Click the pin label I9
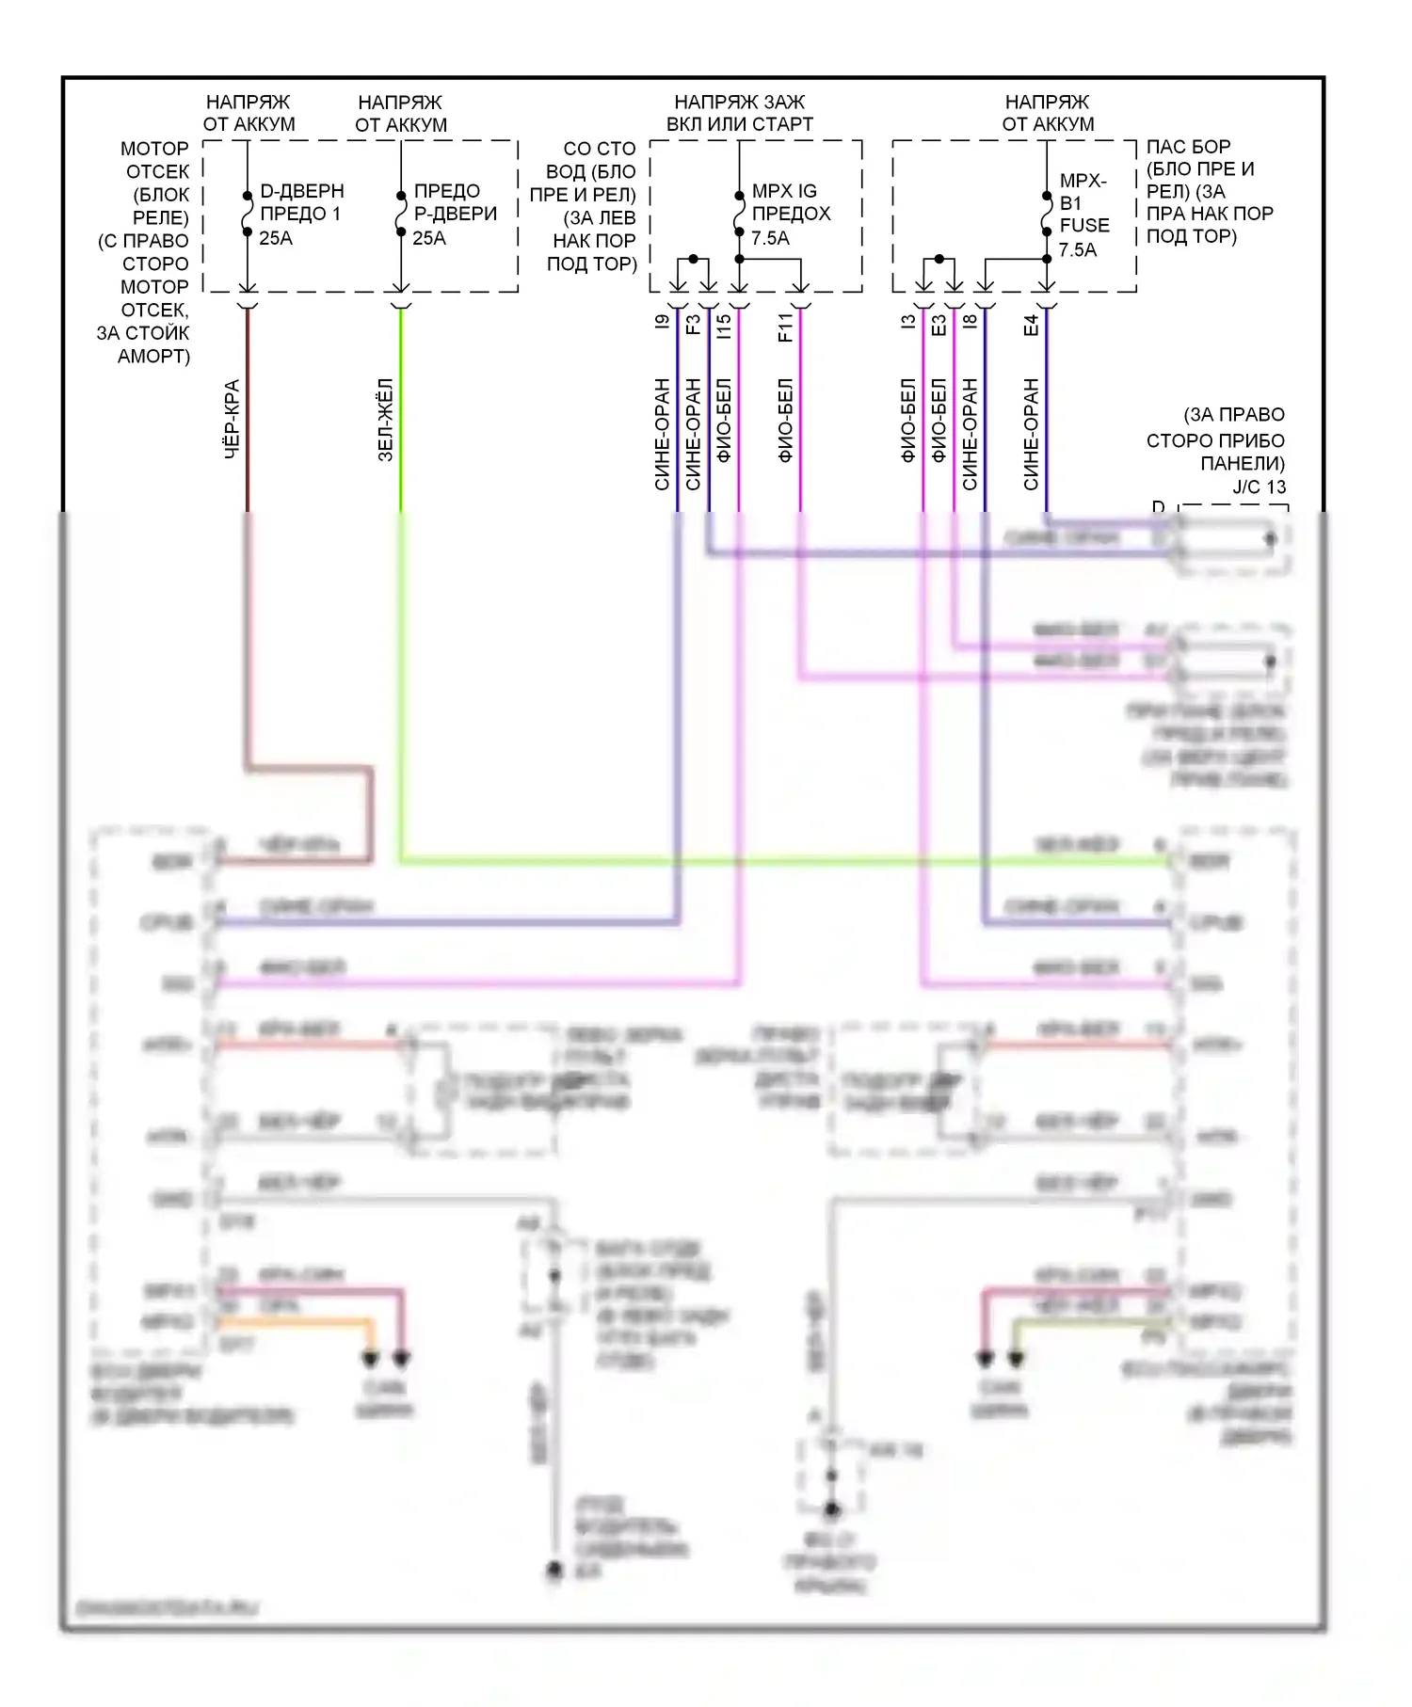pos(663,322)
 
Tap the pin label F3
pos(694,325)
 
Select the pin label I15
pos(724,327)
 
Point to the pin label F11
pos(786,327)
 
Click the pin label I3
pos(908,322)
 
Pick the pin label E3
pos(939,325)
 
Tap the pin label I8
pos(970,322)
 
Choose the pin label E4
pos(1031,325)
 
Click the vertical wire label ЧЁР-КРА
pos(232,420)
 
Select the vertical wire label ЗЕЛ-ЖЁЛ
pos(385,420)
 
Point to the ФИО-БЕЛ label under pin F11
pos(786,420)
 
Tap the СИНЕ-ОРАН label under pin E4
pos(1031,434)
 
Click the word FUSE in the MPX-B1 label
pos(1084,226)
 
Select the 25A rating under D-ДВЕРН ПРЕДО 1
pos(276,239)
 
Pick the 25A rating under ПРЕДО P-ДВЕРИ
pos(429,239)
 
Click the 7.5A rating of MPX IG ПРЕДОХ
pos(770,239)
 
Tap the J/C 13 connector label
pos(1259,487)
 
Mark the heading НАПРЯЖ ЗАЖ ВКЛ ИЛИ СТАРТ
pos(740,113)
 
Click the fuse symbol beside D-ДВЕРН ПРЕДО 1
pos(248,214)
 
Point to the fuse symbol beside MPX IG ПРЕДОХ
pos(740,214)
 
